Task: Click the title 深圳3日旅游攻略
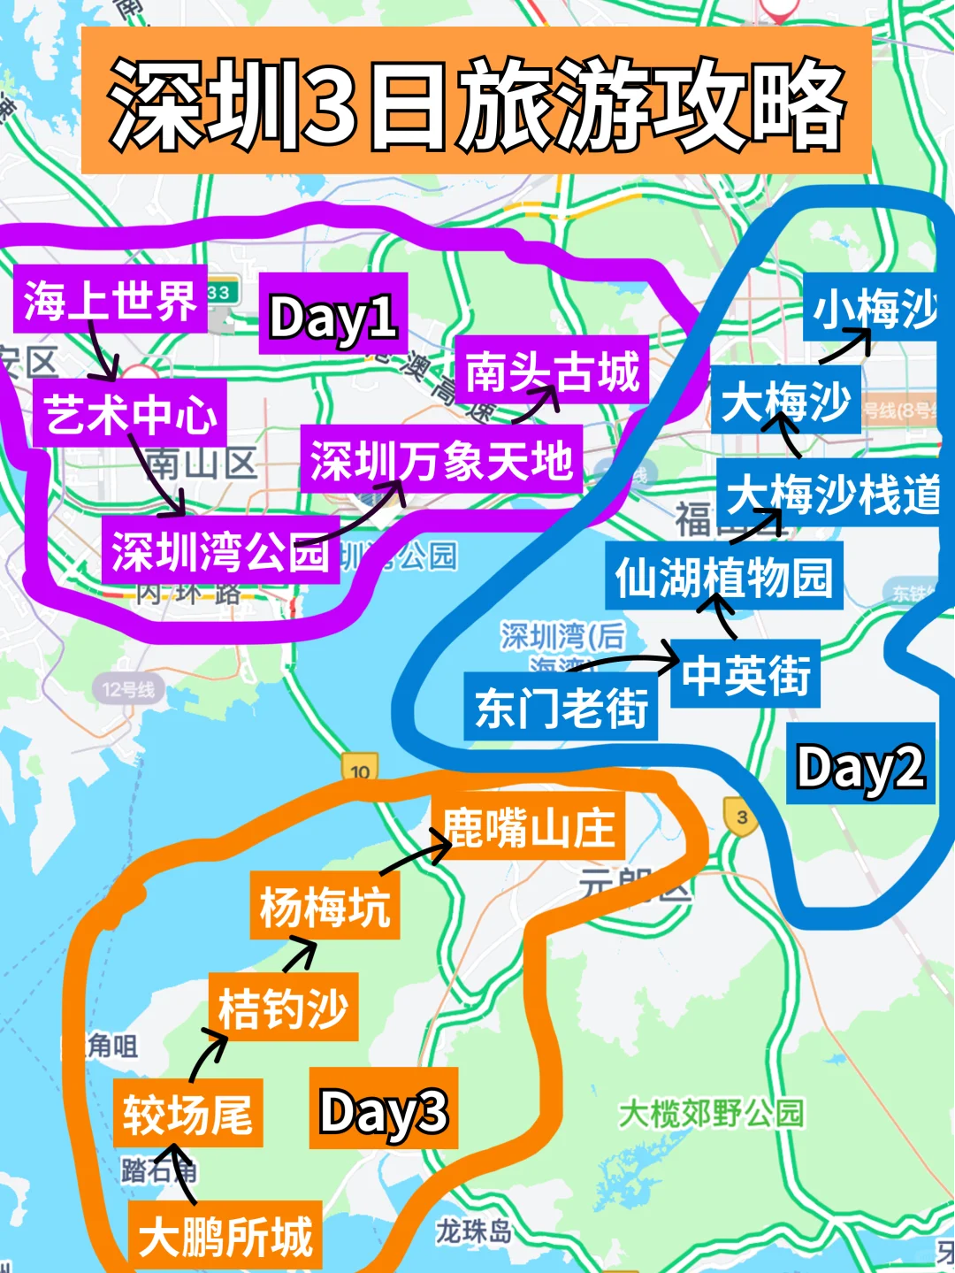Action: [x=477, y=102]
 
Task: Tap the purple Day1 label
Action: [x=332, y=316]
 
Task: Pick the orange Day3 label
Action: [x=383, y=1109]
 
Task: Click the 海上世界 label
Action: [x=110, y=300]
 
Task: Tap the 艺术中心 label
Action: [x=130, y=413]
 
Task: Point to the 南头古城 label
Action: [x=552, y=370]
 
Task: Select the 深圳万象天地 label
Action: [x=440, y=460]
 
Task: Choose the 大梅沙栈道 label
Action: [x=831, y=493]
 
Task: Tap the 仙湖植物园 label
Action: [x=723, y=576]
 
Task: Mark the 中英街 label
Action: [x=745, y=674]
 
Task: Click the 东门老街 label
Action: [x=561, y=708]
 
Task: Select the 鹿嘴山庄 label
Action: [x=528, y=827]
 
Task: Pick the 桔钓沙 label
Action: [x=283, y=1008]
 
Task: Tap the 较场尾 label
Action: [x=187, y=1113]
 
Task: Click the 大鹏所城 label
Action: [x=225, y=1235]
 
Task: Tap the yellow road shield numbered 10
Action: [x=360, y=769]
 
